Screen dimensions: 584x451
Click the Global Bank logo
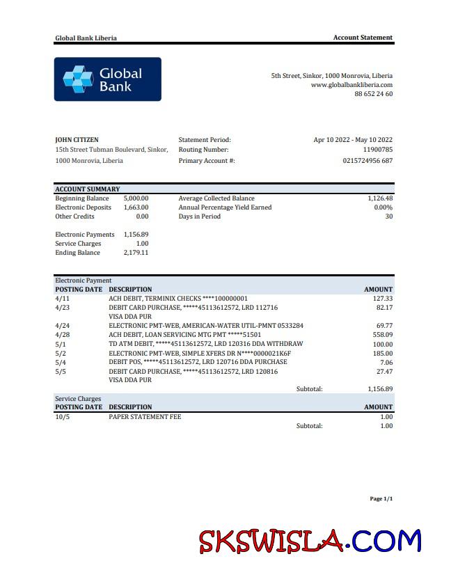(107, 79)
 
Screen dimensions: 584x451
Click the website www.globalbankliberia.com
(351, 85)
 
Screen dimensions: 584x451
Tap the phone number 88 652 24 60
(373, 94)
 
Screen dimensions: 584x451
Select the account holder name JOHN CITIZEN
(77, 140)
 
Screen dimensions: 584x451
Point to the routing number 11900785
(378, 150)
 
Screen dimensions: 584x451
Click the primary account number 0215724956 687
(367, 161)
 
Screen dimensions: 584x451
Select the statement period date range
(353, 140)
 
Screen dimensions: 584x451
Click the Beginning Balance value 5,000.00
(136, 198)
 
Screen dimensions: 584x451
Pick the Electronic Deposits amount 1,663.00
(136, 207)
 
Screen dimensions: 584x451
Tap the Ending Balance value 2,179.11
(136, 253)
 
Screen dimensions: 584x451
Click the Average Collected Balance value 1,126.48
(380, 198)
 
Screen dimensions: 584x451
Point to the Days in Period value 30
(389, 216)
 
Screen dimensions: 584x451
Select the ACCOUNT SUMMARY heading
(88, 189)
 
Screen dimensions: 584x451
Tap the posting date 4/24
(62, 326)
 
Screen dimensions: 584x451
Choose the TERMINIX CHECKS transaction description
(178, 299)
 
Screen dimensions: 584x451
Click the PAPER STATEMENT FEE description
(145, 417)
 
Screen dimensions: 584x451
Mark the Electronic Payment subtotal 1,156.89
(380, 389)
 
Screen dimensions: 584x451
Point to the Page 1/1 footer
(381, 499)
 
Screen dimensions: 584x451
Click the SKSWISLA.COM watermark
(310, 542)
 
